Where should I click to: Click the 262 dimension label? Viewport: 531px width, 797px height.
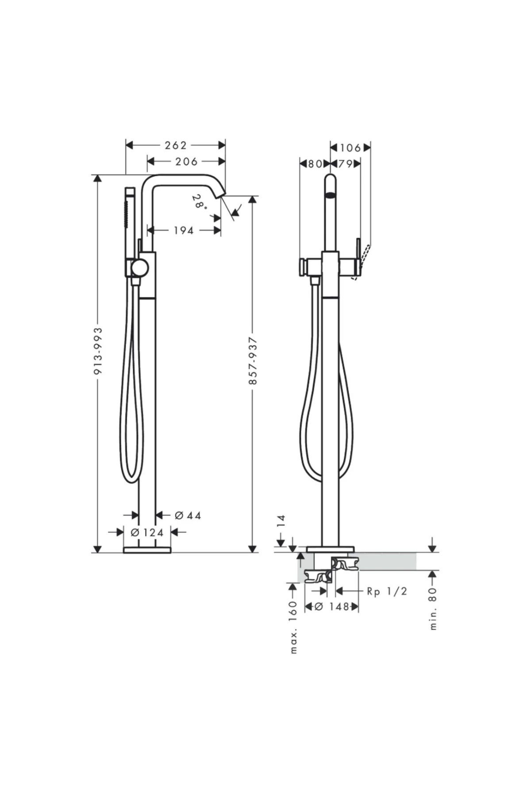pos(176,145)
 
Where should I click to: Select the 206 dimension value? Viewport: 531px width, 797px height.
pos(186,162)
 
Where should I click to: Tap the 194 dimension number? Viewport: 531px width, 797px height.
pos(183,230)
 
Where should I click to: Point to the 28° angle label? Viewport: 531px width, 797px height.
pos(200,202)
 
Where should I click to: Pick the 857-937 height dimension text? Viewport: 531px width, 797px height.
pos(253,360)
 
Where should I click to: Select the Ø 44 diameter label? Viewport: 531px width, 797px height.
pos(188,515)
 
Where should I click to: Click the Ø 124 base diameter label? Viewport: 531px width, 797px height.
pos(147,532)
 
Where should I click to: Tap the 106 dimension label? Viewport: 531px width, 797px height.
pos(351,147)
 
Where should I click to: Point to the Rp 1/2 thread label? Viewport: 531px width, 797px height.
pos(387,591)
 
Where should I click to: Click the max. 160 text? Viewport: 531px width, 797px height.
pos(293,627)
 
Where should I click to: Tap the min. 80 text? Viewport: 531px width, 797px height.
pos(433,608)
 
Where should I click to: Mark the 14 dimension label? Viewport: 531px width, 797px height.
pos(281,521)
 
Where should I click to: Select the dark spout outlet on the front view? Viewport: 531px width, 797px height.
pos(330,194)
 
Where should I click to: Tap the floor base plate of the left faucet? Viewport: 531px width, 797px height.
pos(147,550)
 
